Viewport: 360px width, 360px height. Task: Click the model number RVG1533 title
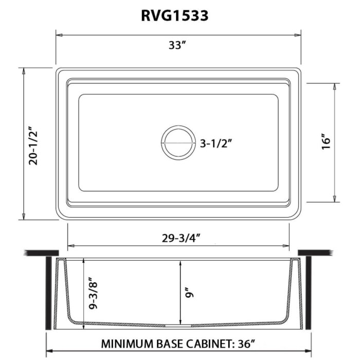(x=174, y=15)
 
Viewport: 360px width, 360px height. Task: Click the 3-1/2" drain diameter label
(x=217, y=143)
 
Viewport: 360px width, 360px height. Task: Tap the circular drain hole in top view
(x=178, y=142)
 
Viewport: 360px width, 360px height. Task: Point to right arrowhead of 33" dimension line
(x=298, y=35)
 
